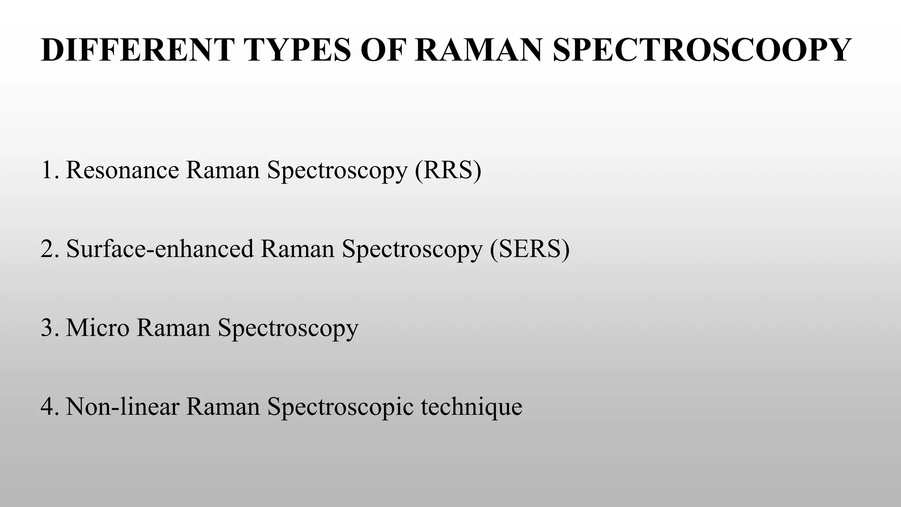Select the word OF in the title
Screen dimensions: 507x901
(382, 50)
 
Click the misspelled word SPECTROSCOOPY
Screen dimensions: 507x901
(701, 50)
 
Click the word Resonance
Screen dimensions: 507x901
(122, 170)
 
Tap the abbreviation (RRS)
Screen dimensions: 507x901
(448, 170)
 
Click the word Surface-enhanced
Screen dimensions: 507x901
(160, 249)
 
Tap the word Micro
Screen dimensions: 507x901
(98, 328)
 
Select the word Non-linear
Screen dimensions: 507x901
(122, 406)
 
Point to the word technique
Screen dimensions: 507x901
(472, 407)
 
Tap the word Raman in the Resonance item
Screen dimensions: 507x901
(223, 170)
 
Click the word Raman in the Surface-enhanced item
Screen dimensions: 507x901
(298, 249)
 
